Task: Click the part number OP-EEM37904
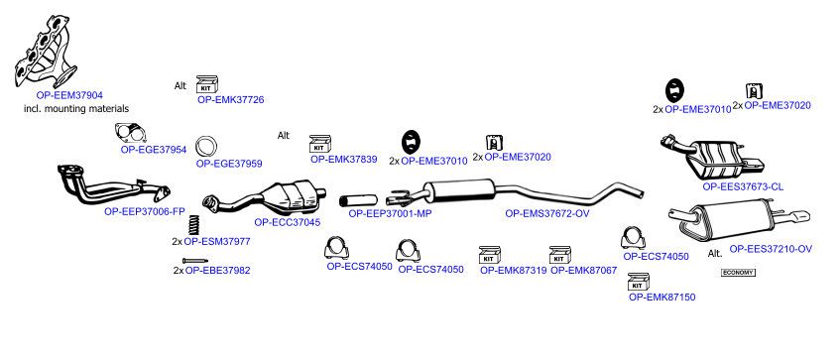click(x=69, y=95)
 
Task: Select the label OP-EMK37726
click(x=230, y=99)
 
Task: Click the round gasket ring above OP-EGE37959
click(x=205, y=147)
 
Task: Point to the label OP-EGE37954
click(x=154, y=150)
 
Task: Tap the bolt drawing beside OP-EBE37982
click(x=195, y=261)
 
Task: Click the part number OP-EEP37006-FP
click(x=145, y=211)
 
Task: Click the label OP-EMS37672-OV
click(x=547, y=213)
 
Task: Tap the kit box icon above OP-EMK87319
click(x=489, y=255)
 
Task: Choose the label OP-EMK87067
click(x=584, y=271)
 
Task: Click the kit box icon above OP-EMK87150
click(x=638, y=282)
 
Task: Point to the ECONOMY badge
click(x=738, y=273)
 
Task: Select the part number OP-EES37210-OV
click(x=771, y=249)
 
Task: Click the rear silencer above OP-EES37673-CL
click(x=712, y=158)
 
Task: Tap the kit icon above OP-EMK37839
click(x=319, y=144)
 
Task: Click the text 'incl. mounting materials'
click(x=76, y=109)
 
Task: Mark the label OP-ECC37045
click(x=288, y=222)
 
